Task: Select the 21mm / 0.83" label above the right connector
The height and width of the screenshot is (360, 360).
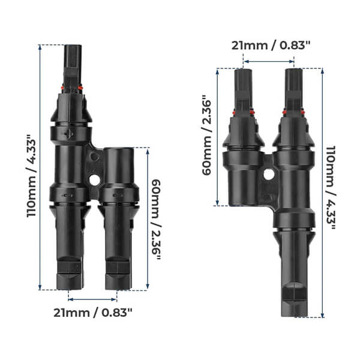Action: point(268,45)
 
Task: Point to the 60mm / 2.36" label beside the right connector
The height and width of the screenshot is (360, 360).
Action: point(206,136)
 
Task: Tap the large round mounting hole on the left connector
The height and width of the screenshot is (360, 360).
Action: point(94,179)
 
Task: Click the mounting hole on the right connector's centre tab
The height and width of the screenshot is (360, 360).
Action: point(268,174)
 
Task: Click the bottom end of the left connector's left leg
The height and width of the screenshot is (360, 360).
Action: point(70,288)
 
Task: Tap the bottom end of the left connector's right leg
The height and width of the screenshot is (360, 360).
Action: point(118,288)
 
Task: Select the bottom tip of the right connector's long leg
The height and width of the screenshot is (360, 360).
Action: point(295,316)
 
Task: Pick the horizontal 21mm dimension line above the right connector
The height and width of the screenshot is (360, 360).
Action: point(268,61)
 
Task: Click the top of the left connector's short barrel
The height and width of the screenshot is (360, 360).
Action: point(118,149)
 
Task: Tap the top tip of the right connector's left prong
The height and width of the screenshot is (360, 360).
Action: point(243,71)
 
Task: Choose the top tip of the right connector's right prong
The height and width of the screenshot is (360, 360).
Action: point(294,70)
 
